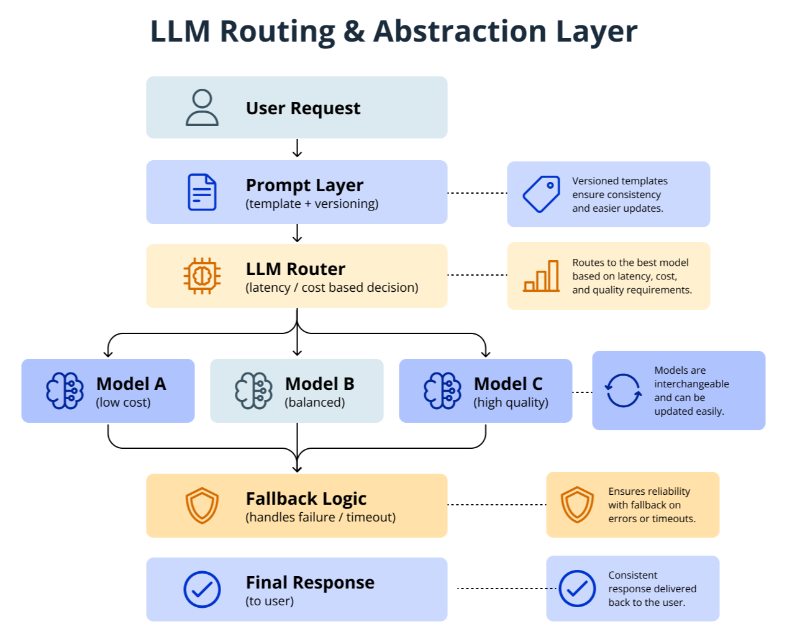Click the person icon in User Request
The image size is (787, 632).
point(202,108)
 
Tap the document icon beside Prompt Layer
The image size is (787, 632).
point(202,192)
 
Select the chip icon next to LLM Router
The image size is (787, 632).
point(202,276)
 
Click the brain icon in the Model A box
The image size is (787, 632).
point(65,391)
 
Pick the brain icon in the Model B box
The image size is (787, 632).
point(253,391)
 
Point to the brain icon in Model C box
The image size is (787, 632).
point(442,391)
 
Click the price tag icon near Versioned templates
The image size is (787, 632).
point(541,194)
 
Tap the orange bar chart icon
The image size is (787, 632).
point(541,276)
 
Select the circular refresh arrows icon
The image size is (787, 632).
point(623,390)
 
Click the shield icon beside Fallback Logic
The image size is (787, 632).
point(202,505)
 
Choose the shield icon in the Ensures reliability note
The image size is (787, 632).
point(577,505)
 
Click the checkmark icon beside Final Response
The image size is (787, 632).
point(202,589)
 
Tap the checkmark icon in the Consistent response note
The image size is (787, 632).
point(577,589)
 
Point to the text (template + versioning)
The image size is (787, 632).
point(312,204)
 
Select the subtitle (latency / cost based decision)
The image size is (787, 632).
point(332,287)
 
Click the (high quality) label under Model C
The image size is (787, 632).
point(511,402)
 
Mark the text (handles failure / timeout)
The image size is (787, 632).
point(321,517)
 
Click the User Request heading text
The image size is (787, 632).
point(303,108)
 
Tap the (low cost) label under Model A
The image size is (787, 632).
point(123,402)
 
